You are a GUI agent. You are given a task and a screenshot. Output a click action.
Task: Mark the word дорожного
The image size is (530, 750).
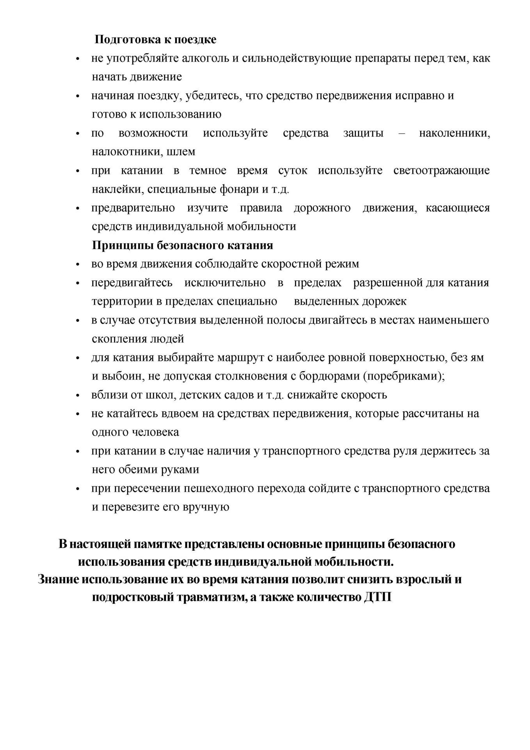(322, 208)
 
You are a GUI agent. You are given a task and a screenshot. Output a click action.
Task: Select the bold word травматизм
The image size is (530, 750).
(212, 598)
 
